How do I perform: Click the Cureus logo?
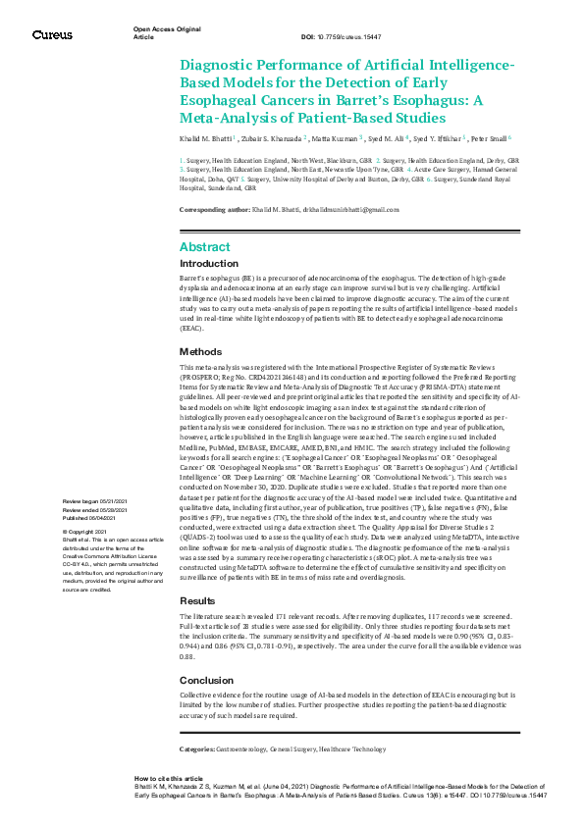pyautogui.click(x=52, y=35)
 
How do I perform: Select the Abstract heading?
pyautogui.click(x=206, y=247)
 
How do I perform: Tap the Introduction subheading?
pyautogui.click(x=209, y=264)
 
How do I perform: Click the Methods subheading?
pyautogui.click(x=201, y=351)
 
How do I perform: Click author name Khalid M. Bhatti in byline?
pyautogui.click(x=206, y=139)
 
